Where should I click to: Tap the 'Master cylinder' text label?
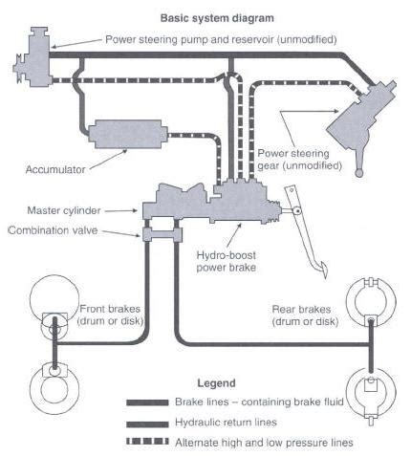pyautogui.click(x=69, y=209)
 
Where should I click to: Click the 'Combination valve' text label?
pyautogui.click(x=64, y=230)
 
